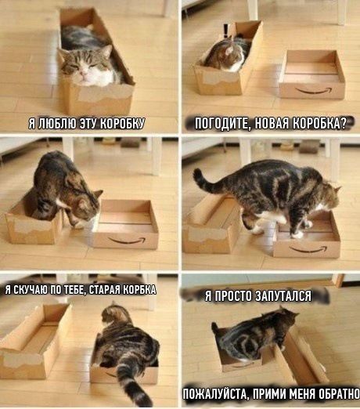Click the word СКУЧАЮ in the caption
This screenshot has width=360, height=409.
28,289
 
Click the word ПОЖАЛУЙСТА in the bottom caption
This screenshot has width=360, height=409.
214,394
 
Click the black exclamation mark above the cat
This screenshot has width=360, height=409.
225,31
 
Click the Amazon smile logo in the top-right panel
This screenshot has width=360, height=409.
314,90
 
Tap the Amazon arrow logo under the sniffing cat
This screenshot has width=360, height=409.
127,241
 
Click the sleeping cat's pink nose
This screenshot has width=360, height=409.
84,74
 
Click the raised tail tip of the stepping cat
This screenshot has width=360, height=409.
197,172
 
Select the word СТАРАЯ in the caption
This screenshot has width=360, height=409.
105,289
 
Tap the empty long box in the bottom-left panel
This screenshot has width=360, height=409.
34,342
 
